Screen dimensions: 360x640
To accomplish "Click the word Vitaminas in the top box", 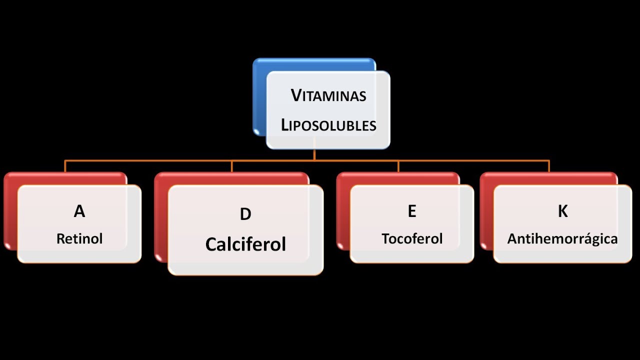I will coord(328,95).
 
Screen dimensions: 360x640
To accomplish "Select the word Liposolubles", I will coord(328,125).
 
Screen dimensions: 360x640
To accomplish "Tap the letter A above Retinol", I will coord(79,211).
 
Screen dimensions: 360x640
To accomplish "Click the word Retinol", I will coord(79,238).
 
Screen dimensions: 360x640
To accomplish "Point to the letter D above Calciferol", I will coord(245,214).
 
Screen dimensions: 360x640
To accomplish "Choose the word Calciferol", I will coord(245,244).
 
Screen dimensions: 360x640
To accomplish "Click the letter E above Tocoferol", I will coord(411,211).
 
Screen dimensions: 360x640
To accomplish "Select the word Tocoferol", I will coord(412,238).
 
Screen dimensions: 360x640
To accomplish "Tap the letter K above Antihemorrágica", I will coord(562,211).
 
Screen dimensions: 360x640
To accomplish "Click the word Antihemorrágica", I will coord(562,239).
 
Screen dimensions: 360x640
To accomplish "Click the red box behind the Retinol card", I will coord(10,210).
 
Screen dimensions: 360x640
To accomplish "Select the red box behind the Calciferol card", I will coord(161,215).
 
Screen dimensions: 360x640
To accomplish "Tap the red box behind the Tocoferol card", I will coord(343,210).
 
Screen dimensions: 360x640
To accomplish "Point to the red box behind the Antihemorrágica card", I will coord(486,210).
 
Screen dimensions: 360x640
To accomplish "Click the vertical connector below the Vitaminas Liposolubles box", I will coord(314,154).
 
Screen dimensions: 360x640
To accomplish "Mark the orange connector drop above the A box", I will coord(65,166).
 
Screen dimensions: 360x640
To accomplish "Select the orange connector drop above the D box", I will coord(231,166).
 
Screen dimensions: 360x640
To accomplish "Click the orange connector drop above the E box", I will coord(398,166).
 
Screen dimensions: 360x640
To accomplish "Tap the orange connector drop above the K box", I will coord(549,166).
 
